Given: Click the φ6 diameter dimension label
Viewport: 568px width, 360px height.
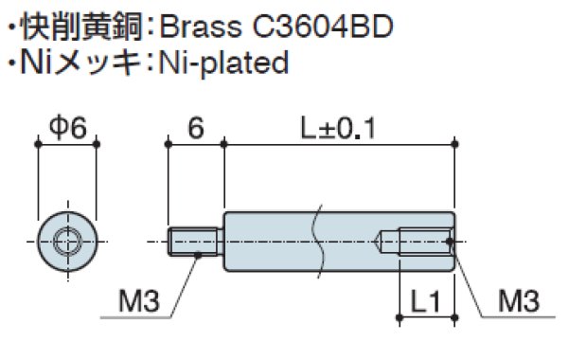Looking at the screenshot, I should click(x=67, y=128).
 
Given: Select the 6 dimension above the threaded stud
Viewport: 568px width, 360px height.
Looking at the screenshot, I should click(x=195, y=128).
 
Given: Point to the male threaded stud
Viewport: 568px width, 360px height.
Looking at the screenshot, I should click(x=195, y=243).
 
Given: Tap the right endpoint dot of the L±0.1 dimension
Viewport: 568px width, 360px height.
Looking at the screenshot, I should click(x=457, y=144).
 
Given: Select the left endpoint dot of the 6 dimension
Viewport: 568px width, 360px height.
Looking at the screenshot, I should click(x=167, y=144).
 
